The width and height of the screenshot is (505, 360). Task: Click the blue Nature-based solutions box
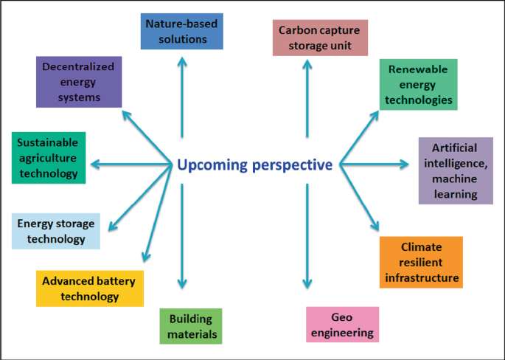[181, 31]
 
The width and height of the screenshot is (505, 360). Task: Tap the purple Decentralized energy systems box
[78, 82]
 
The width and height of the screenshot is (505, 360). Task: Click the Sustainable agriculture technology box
[48, 157]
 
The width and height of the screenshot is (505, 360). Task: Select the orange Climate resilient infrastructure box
[421, 262]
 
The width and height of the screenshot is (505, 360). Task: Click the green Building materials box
[190, 326]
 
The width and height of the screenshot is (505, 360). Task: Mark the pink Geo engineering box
[342, 325]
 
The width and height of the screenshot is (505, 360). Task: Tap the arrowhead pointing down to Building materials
[181, 285]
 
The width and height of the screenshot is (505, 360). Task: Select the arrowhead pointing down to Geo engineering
[307, 285]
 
